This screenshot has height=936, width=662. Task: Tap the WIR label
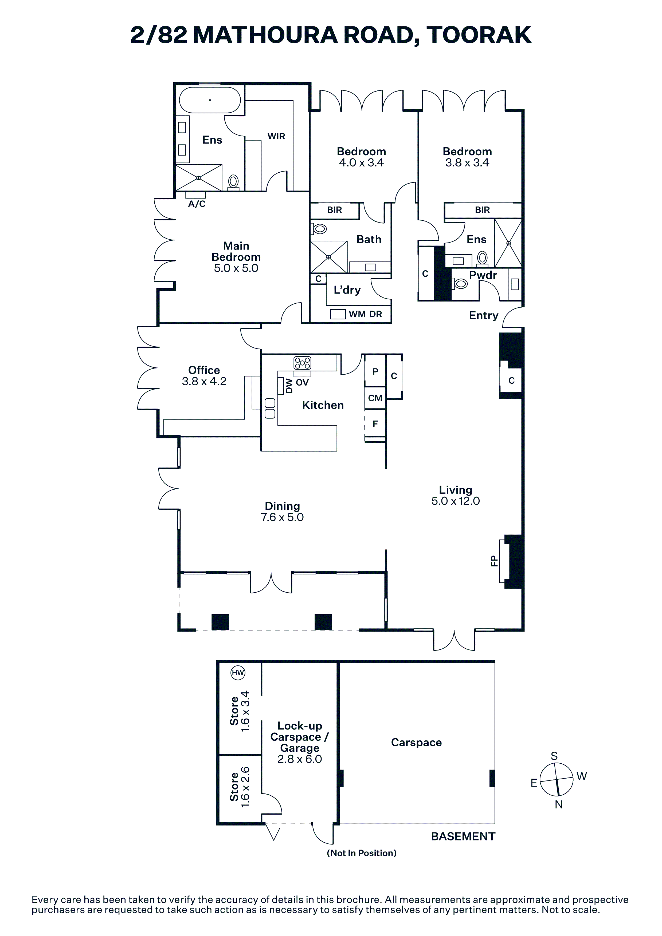[x=276, y=136]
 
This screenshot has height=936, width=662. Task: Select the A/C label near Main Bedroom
[x=197, y=204]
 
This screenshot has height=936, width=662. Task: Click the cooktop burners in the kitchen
[x=302, y=363]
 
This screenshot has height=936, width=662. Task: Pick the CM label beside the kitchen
[x=375, y=398]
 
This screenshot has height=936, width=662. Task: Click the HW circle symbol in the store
[x=238, y=673]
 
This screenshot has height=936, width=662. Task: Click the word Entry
[x=484, y=316]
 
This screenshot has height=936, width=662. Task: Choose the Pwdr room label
[x=483, y=275]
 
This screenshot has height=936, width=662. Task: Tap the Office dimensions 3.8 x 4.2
[x=204, y=381]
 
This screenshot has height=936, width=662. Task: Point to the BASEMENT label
[x=463, y=836]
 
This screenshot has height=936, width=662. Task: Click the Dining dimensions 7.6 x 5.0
[x=282, y=517]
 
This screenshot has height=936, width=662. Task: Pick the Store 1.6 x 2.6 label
[x=240, y=787]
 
